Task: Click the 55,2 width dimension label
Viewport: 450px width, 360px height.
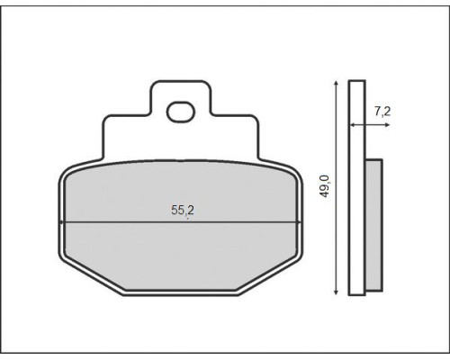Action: pyautogui.click(x=183, y=211)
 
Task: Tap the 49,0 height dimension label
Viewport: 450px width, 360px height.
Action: pyautogui.click(x=325, y=186)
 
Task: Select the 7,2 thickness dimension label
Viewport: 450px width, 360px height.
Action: pyautogui.click(x=382, y=112)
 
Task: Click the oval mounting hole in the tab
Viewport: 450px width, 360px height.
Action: pyautogui.click(x=181, y=112)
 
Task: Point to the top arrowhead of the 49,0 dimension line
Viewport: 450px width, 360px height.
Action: pyautogui.click(x=336, y=83)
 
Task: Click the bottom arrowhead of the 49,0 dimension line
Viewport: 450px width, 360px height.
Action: pyautogui.click(x=336, y=292)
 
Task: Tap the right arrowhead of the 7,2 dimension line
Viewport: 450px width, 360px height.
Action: pyautogui.click(x=387, y=125)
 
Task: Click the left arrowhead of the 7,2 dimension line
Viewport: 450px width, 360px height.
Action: pyautogui.click(x=353, y=125)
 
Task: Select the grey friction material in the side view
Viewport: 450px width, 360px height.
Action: pyautogui.click(x=373, y=225)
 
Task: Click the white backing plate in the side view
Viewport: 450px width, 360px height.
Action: pyautogui.click(x=357, y=188)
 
